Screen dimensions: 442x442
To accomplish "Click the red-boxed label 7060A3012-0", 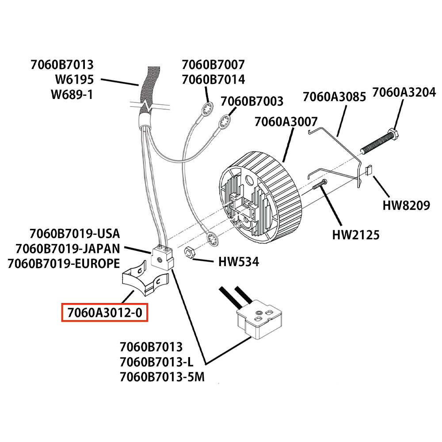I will point(105,313).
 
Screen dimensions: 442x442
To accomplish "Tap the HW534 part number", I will point(239,262).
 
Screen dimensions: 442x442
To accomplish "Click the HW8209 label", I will point(406,206).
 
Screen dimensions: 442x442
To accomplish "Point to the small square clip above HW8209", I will point(370,170).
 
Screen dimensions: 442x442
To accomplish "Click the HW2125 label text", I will point(356,235).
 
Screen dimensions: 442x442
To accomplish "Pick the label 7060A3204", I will point(404,92).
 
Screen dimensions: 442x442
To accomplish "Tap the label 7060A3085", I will point(334,97).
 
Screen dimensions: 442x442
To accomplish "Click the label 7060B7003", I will point(252,101).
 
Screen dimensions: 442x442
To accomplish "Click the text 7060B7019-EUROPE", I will point(64,264).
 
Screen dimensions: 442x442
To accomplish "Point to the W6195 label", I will point(72,80).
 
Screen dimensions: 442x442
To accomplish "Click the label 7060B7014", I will point(213,80).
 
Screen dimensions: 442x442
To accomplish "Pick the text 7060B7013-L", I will point(156,362).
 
